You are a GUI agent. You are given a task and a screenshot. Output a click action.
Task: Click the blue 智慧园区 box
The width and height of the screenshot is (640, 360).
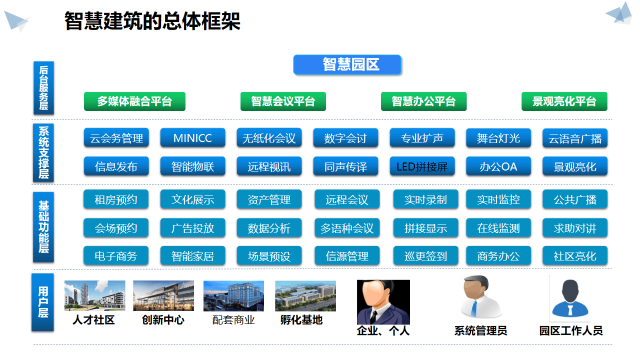(347, 64)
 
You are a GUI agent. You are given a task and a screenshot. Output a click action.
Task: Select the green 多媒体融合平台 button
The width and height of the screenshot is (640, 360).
(134, 101)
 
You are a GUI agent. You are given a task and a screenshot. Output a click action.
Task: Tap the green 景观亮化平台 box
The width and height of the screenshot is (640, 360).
(564, 101)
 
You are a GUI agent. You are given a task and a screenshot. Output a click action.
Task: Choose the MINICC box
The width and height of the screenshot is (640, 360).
(192, 138)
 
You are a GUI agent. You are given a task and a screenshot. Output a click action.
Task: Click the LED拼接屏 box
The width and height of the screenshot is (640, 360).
(422, 166)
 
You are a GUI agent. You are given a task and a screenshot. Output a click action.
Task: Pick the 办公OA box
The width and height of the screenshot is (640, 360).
(498, 166)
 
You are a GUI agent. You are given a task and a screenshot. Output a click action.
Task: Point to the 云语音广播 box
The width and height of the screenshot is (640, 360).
(575, 138)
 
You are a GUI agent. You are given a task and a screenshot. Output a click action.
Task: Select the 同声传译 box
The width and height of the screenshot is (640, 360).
(345, 166)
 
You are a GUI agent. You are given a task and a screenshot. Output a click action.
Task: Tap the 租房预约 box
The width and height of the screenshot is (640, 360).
(116, 200)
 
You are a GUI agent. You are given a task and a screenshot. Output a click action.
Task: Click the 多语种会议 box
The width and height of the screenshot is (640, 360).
(347, 228)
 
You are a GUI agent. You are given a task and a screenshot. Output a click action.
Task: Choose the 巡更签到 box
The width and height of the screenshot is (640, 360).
(425, 256)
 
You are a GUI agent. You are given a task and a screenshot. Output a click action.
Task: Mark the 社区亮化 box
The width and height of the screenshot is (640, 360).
(575, 256)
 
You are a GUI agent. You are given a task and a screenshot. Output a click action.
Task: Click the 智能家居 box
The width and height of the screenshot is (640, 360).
(192, 256)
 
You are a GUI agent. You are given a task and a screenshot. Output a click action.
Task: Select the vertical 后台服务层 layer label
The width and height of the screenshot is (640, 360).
(43, 88)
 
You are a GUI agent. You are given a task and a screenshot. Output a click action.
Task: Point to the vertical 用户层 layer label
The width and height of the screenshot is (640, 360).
(43, 302)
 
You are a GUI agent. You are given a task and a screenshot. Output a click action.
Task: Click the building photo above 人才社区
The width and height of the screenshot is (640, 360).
(94, 296)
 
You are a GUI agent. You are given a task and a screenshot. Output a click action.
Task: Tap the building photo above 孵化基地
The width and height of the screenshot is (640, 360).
(305, 296)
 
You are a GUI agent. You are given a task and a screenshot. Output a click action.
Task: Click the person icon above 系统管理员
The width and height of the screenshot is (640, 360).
(480, 297)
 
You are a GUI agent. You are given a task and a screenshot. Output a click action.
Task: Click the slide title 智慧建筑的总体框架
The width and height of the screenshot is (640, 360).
(152, 21)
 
